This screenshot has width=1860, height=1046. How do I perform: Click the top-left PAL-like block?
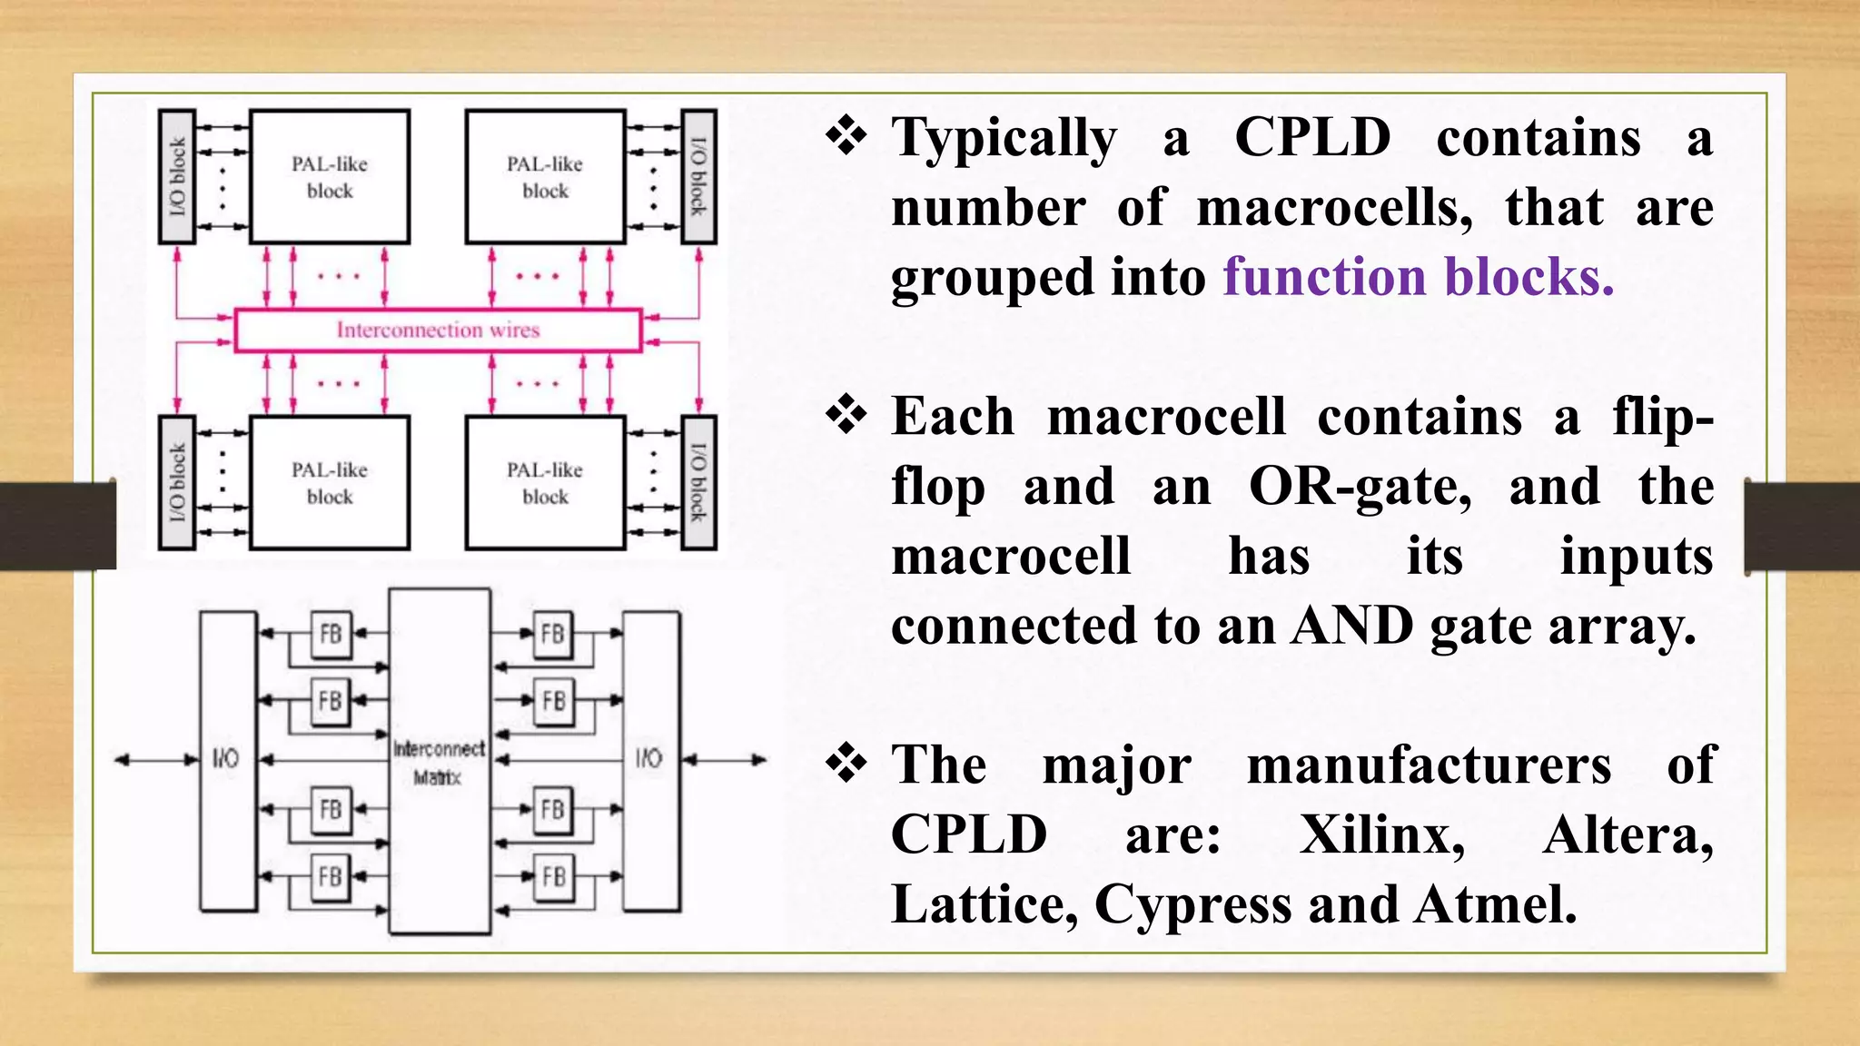click(x=330, y=177)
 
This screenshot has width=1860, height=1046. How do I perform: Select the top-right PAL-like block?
click(x=545, y=177)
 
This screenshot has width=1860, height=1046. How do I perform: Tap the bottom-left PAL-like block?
click(x=330, y=483)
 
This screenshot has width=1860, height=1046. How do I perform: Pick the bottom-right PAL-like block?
click(x=545, y=483)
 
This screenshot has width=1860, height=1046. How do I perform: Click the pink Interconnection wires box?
click(x=438, y=330)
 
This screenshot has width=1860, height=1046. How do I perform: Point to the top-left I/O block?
click(x=177, y=177)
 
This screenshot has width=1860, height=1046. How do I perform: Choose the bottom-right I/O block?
click(x=698, y=483)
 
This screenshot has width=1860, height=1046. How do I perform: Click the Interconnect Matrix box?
click(x=440, y=761)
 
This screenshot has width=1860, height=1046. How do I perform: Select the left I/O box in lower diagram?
click(x=227, y=761)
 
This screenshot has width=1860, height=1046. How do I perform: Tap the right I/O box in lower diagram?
click(x=650, y=761)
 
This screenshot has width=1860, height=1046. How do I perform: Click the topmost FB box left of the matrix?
click(x=331, y=633)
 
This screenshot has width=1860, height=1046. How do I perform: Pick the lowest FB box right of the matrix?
click(x=553, y=876)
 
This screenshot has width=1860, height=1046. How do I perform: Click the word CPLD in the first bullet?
click(x=1312, y=138)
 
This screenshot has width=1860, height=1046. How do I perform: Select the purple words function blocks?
click(x=1418, y=277)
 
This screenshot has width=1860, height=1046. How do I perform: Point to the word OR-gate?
click(x=1360, y=487)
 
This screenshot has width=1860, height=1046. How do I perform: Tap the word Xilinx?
click(x=1381, y=834)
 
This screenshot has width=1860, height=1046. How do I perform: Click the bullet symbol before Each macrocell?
click(x=846, y=416)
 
